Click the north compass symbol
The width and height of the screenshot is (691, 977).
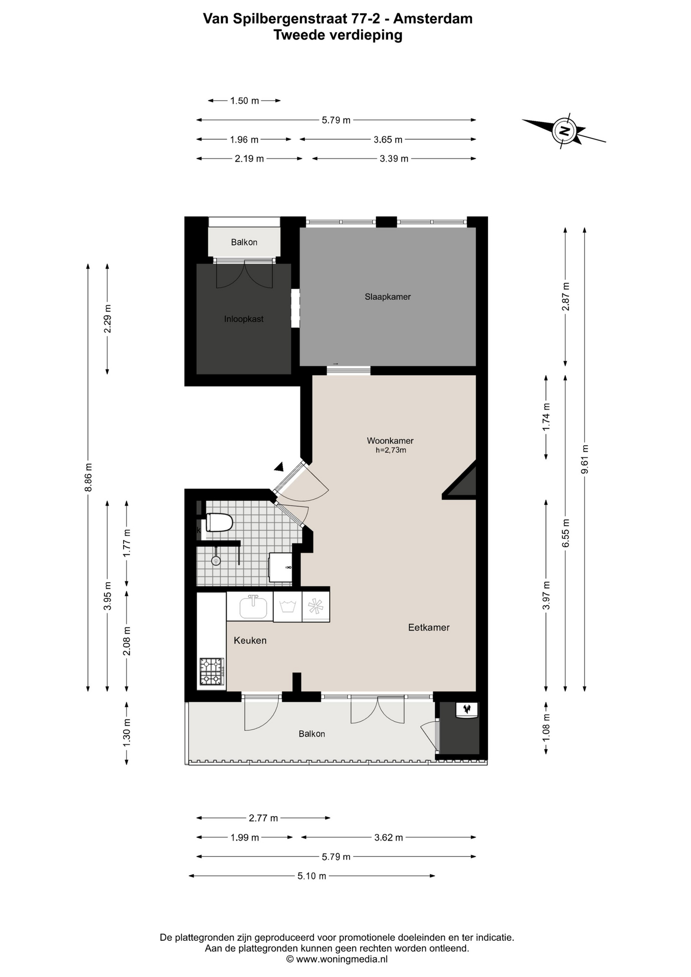pyautogui.click(x=564, y=131)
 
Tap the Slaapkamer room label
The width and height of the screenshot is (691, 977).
pyautogui.click(x=387, y=297)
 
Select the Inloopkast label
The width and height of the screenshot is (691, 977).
pyautogui.click(x=244, y=319)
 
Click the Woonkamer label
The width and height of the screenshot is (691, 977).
pyautogui.click(x=390, y=441)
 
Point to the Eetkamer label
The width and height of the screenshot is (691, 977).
pyautogui.click(x=429, y=627)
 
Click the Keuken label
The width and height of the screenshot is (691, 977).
pyautogui.click(x=250, y=641)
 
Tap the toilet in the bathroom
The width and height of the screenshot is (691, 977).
pyautogui.click(x=219, y=523)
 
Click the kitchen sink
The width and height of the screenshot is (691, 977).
pyautogui.click(x=253, y=607)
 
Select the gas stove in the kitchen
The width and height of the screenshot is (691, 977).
pyautogui.click(x=212, y=672)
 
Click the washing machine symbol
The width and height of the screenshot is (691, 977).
pyautogui.click(x=287, y=607)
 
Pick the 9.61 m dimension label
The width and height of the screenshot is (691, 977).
pyautogui.click(x=585, y=459)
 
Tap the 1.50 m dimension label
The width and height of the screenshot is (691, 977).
pyautogui.click(x=245, y=101)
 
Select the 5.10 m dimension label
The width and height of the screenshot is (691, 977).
pyautogui.click(x=312, y=876)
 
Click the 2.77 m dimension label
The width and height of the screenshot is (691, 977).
pyautogui.click(x=263, y=818)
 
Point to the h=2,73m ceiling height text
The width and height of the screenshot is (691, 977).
pyautogui.click(x=391, y=450)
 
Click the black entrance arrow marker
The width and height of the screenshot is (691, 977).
pyautogui.click(x=279, y=467)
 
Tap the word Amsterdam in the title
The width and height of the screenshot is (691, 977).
pyautogui.click(x=433, y=19)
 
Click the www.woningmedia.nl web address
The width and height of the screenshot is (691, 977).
pyautogui.click(x=342, y=959)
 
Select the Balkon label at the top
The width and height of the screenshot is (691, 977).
pyautogui.click(x=244, y=242)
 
